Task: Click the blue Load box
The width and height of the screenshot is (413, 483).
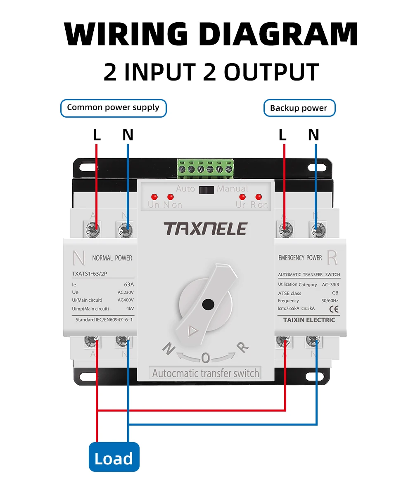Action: coord(114,457)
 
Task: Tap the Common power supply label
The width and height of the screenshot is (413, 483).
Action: coord(113,108)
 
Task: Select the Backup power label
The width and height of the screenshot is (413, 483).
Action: coord(299,108)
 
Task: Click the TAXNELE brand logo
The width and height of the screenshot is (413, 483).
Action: coord(205,228)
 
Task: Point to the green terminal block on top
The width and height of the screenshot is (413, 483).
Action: coord(205,168)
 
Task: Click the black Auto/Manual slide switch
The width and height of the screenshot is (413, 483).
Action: coord(205,189)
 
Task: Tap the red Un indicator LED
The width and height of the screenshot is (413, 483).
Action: coord(154,197)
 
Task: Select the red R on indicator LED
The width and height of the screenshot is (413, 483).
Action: coord(259,197)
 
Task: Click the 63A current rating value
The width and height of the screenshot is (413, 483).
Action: coord(129,284)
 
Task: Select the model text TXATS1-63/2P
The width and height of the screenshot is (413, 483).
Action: coord(90,273)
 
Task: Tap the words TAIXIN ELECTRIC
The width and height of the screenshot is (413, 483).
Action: coord(309,320)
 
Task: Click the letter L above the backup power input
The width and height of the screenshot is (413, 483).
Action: coord(282,135)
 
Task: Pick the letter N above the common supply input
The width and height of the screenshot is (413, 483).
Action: coord(128,135)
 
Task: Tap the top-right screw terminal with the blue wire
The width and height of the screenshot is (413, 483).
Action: coord(316,227)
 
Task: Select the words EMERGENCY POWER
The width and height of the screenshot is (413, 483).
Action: coord(300,258)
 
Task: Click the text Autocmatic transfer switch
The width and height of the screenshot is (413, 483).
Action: coord(205,373)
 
